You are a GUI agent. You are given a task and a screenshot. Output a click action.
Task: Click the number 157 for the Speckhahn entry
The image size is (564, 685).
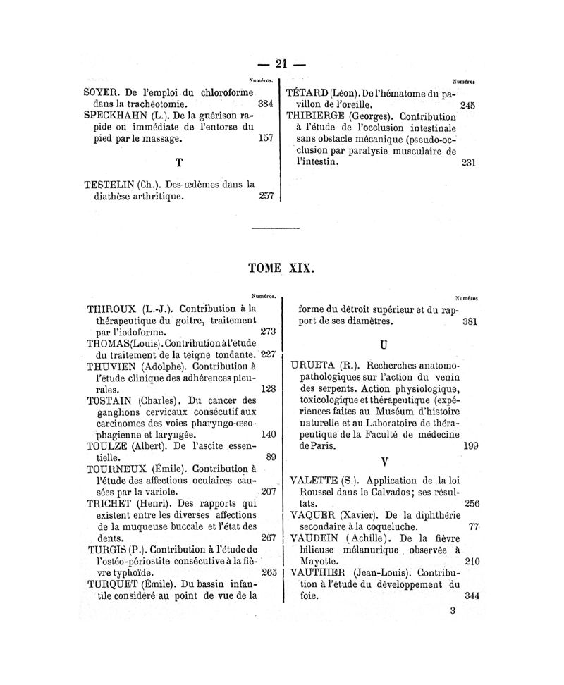[266, 138]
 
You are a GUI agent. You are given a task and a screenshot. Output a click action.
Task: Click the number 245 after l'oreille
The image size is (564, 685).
[467, 105]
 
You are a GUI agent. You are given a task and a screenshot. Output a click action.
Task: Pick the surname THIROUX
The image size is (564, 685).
[113, 309]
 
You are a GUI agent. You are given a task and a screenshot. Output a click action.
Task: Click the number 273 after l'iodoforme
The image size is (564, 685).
[268, 331]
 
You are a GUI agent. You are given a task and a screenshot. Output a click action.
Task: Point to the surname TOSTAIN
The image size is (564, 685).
[111, 400]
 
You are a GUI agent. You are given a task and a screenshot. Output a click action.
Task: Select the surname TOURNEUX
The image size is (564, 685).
[116, 469]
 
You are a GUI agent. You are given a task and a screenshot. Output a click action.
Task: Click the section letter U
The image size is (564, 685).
[384, 346]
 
